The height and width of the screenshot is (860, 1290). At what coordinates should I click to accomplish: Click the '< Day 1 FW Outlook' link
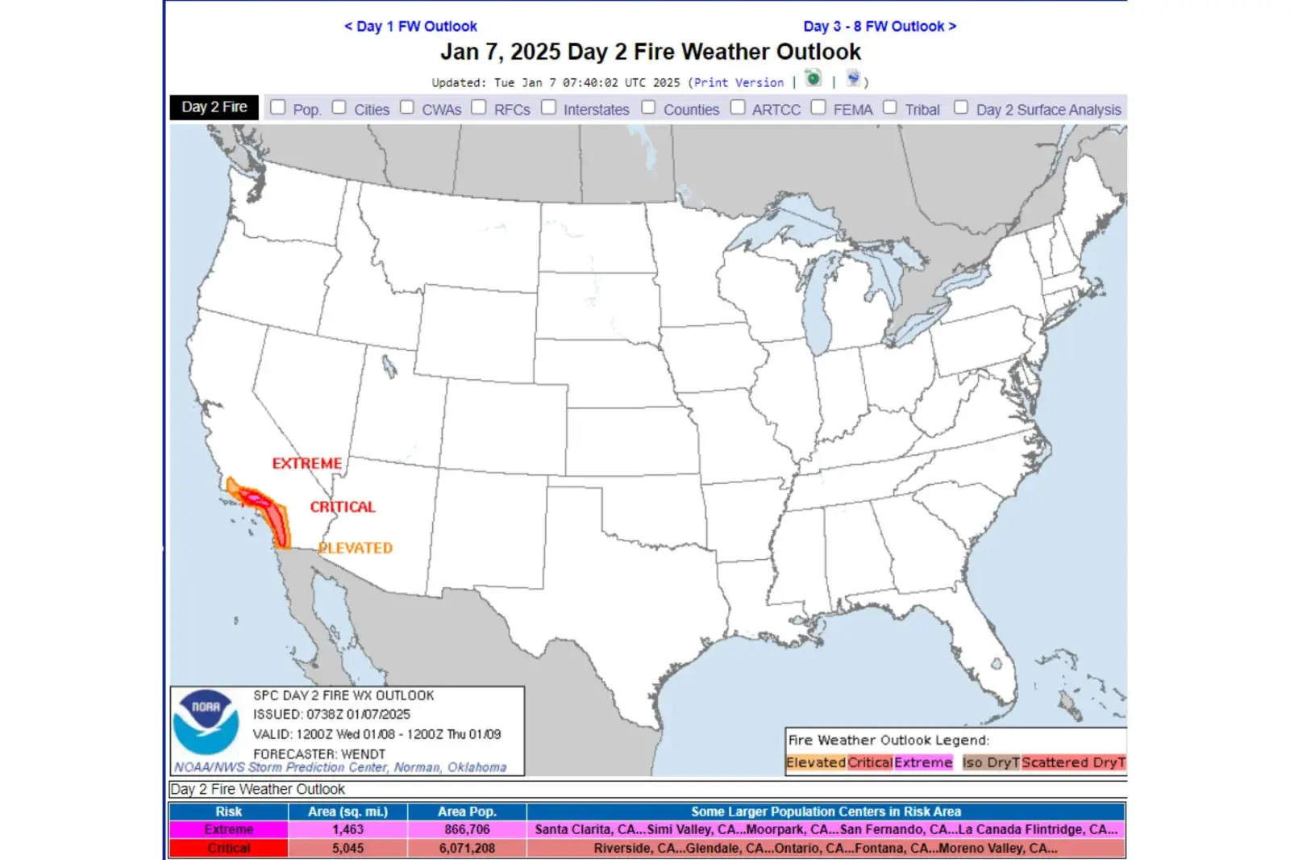410,27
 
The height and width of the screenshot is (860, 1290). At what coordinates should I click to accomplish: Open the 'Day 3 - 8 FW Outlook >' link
880,27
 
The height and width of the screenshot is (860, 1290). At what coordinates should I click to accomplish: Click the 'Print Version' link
739,82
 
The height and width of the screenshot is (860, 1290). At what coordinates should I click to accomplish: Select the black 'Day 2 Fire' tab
214,107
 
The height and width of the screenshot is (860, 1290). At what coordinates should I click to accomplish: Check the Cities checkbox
339,107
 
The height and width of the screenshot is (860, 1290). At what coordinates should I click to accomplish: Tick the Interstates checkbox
549,107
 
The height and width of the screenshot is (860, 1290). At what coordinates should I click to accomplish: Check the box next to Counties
649,107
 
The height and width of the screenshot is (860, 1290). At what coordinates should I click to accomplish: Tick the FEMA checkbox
818,107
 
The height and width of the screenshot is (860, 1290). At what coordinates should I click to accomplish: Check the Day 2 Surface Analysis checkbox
961,107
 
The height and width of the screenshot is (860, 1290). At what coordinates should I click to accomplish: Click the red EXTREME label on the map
306,464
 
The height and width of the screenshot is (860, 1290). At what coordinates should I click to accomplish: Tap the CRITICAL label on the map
343,507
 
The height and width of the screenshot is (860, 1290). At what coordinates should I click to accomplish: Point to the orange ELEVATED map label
356,549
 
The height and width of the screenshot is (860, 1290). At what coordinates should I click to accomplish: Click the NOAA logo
206,721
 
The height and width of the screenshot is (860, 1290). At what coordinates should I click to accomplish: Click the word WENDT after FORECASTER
364,754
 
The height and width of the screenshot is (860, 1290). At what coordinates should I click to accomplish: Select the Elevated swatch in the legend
816,763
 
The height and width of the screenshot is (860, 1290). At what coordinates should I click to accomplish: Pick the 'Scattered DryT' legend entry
1073,763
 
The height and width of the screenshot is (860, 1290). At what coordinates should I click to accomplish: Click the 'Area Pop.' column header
467,812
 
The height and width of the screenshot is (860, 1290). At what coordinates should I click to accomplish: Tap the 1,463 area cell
348,829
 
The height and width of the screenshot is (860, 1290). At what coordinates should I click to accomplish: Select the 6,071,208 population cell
467,849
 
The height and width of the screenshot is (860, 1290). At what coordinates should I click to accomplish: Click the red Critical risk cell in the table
229,849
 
